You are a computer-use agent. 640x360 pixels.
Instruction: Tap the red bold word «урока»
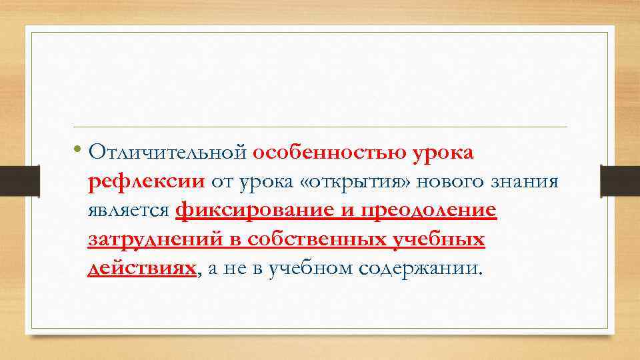tap(443, 153)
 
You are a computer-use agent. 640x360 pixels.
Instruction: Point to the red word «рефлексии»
tap(146, 181)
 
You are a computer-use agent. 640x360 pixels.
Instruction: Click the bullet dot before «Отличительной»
tap(79, 149)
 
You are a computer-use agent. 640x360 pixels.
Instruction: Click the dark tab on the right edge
tap(620, 181)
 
